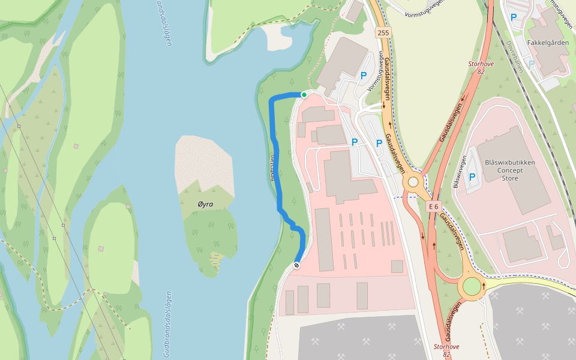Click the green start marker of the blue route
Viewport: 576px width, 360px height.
(x=304, y=95)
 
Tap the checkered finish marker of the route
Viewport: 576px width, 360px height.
(x=296, y=265)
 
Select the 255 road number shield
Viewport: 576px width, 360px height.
(x=383, y=32)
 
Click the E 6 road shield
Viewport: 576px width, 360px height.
(x=434, y=206)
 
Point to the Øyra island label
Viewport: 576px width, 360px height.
(x=205, y=204)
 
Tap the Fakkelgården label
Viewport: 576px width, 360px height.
(x=547, y=43)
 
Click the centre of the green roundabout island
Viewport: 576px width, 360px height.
(x=472, y=286)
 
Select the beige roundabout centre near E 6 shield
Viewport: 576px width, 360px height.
(x=413, y=182)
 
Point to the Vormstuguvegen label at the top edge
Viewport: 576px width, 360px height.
(x=424, y=7)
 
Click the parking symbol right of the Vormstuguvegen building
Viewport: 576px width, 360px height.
(x=364, y=76)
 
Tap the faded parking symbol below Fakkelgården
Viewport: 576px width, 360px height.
(x=531, y=64)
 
